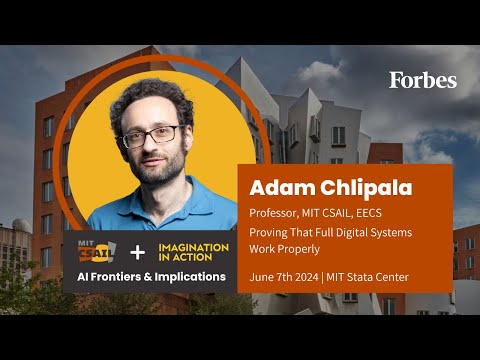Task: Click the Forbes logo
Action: coord(423,80)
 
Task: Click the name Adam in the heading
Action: coord(279,188)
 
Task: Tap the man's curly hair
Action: coord(150,95)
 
